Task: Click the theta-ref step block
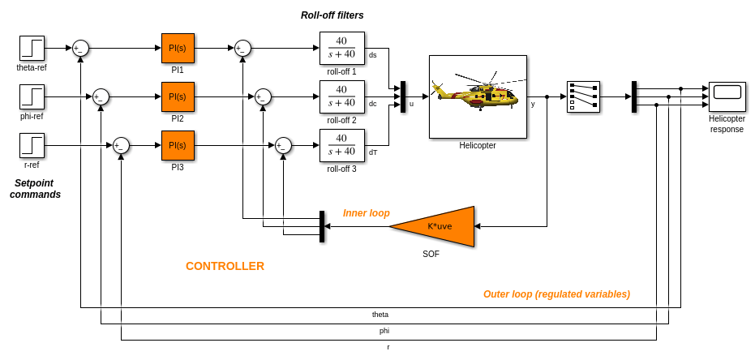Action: [32, 48]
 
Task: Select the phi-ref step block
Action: [32, 96]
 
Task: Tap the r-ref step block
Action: [32, 145]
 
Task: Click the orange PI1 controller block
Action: [178, 48]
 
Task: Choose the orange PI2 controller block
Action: [178, 96]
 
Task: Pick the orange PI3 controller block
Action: [178, 145]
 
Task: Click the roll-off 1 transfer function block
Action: [341, 48]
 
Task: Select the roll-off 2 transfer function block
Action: [341, 96]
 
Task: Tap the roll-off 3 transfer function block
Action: [341, 145]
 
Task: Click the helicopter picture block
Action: [478, 96]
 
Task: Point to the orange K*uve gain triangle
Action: [438, 226]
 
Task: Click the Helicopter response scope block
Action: [727, 96]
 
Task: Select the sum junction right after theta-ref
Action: [80, 48]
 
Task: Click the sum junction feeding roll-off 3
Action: [283, 145]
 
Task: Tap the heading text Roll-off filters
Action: [332, 15]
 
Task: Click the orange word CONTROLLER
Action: [225, 266]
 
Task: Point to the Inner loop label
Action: [366, 213]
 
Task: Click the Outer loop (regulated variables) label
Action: [556, 294]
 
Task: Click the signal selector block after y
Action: [583, 96]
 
